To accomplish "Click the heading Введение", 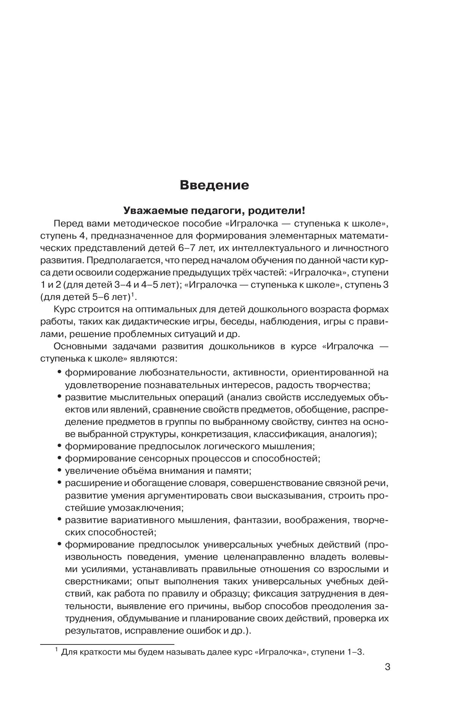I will [x=214, y=185].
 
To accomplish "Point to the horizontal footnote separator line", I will [x=107, y=644].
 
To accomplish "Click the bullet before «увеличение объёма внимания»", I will [x=59, y=470].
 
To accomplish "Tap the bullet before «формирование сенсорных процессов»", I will [x=59, y=458].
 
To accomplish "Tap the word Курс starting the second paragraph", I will [x=66, y=310].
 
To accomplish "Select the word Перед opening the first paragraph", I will [x=67, y=224].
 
